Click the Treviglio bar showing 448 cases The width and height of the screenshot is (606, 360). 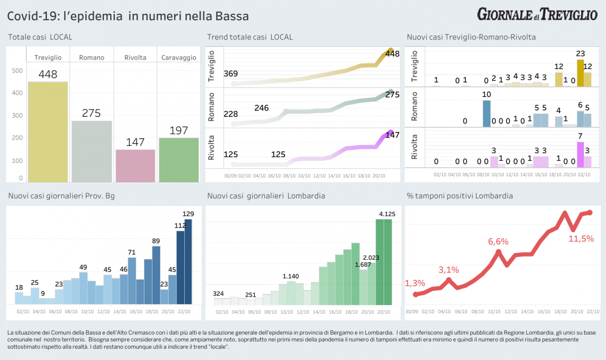point(48,132)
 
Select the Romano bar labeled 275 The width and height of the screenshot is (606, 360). point(92,151)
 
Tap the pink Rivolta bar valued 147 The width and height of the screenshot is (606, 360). point(135,166)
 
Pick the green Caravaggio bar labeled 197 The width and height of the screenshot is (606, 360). point(178,160)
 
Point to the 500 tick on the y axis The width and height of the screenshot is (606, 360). point(17,71)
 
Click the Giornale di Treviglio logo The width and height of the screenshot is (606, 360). point(537,14)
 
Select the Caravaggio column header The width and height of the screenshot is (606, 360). point(178,58)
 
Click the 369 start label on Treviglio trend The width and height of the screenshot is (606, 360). point(231,74)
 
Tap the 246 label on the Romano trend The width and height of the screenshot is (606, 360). point(261,108)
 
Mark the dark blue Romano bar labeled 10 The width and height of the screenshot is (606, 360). point(487,114)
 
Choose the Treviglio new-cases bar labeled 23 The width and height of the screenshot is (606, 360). point(580,73)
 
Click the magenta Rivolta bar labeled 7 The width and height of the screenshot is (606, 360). point(580,155)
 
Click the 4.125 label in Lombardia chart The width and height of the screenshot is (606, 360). point(387,214)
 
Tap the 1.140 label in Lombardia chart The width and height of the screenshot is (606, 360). point(291,276)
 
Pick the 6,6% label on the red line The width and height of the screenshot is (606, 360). point(498,242)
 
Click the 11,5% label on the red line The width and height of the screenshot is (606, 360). point(581,239)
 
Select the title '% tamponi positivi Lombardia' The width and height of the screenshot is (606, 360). point(460,196)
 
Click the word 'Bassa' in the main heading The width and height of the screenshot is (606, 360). point(232,16)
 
